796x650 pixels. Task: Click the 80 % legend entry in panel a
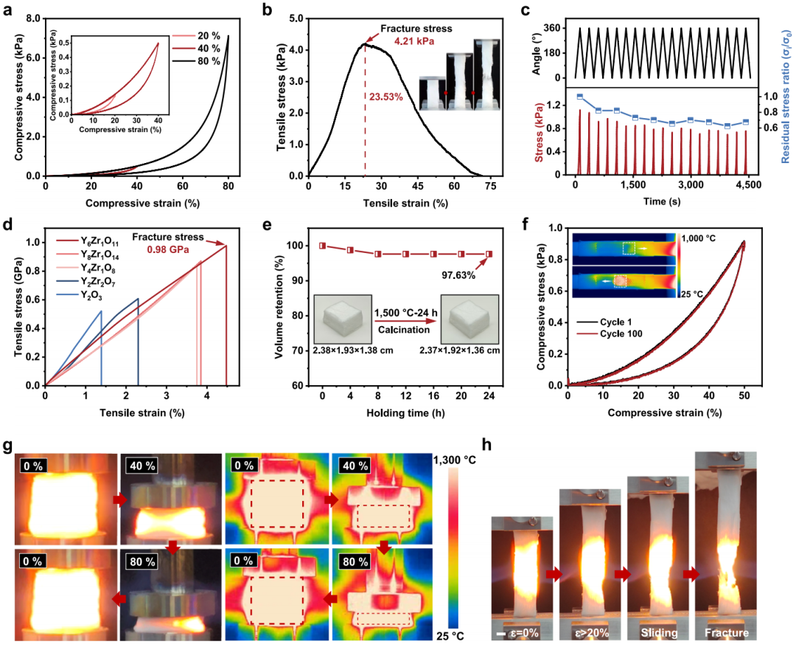point(196,61)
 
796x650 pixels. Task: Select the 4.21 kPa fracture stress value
point(414,41)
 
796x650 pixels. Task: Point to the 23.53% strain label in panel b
point(385,97)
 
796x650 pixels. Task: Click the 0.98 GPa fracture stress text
point(168,249)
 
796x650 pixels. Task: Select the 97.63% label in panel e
point(458,275)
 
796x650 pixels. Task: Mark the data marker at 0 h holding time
point(322,246)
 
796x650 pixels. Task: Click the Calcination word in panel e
point(404,330)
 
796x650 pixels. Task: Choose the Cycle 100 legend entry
point(610,334)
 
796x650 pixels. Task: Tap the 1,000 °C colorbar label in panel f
point(699,238)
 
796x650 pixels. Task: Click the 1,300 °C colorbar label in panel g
point(455,460)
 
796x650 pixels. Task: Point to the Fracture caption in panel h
point(727,633)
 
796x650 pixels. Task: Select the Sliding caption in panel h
point(659,633)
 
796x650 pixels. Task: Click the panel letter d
point(7,225)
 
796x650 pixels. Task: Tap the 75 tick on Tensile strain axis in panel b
point(490,187)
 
